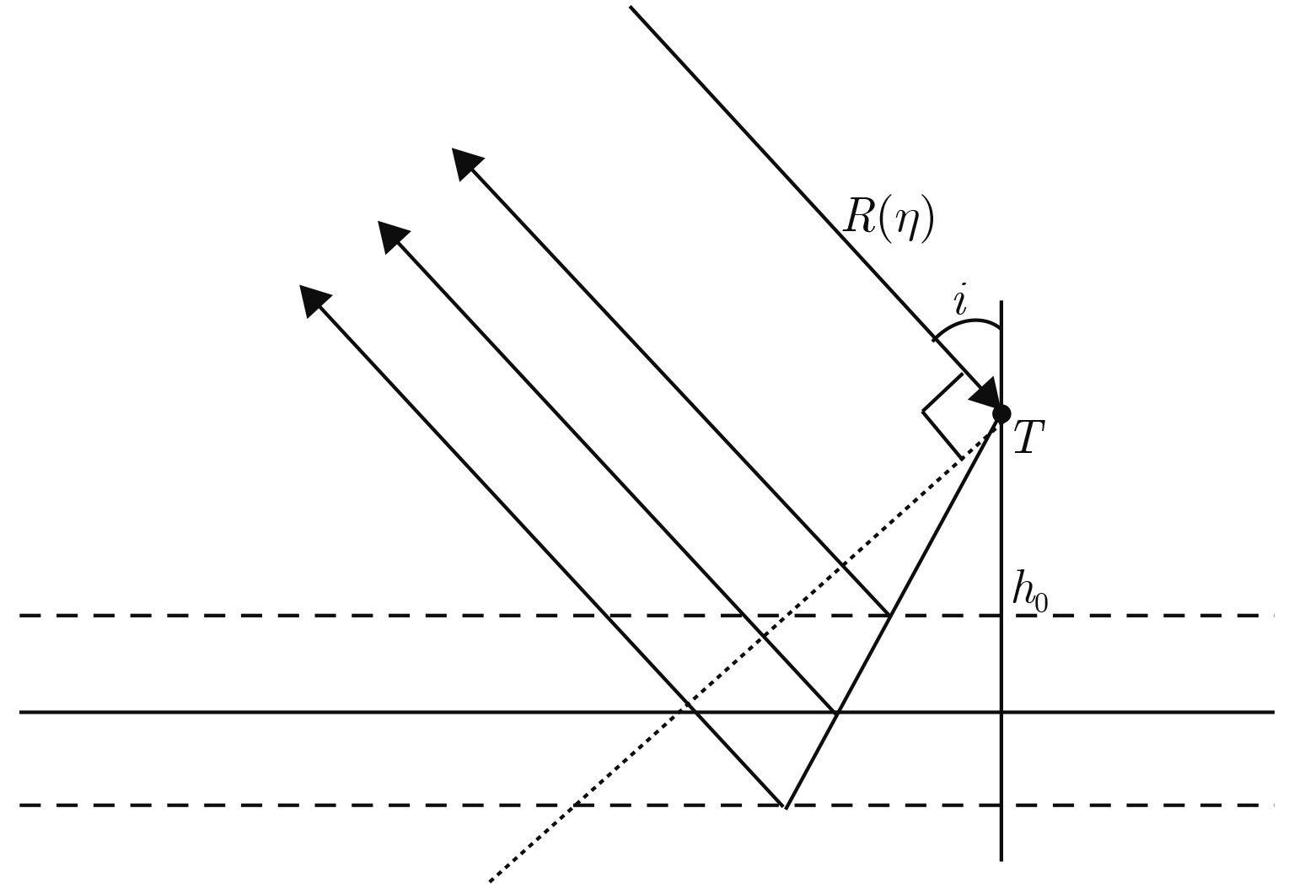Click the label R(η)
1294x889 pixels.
(889, 221)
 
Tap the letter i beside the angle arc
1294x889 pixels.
(960, 301)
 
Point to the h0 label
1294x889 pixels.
(1029, 593)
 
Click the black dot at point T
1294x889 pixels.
(1001, 413)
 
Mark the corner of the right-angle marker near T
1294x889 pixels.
(924, 412)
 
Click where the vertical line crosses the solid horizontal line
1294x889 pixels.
(1001, 713)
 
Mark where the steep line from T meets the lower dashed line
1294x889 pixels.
(786, 806)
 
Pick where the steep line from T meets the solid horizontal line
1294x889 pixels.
(836, 713)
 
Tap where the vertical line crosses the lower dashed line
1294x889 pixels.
(1001, 805)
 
